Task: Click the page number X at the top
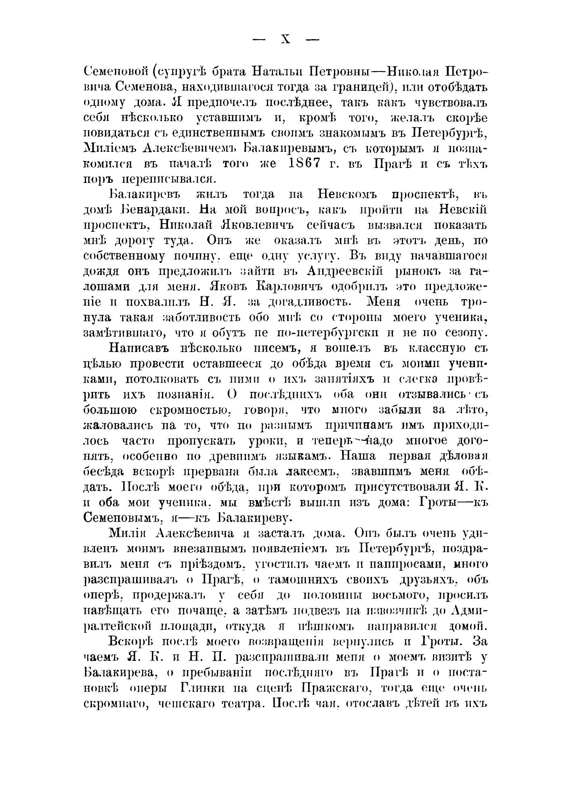pyautogui.click(x=286, y=39)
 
